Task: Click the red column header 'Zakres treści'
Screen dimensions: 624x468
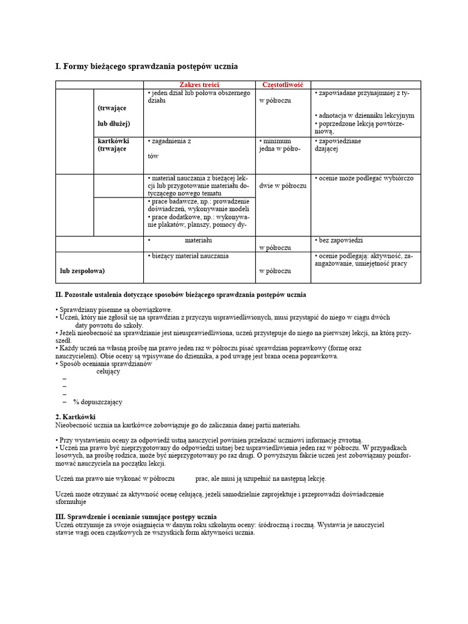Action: (199, 84)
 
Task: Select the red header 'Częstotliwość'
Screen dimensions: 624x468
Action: (282, 84)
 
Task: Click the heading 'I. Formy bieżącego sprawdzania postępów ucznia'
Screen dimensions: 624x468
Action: (147, 65)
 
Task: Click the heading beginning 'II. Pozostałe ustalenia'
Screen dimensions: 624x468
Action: (181, 295)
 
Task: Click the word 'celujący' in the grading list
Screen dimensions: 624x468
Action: (108, 372)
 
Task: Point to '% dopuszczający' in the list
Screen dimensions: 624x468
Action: (97, 402)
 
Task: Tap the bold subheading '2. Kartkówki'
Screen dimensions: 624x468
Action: (76, 417)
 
